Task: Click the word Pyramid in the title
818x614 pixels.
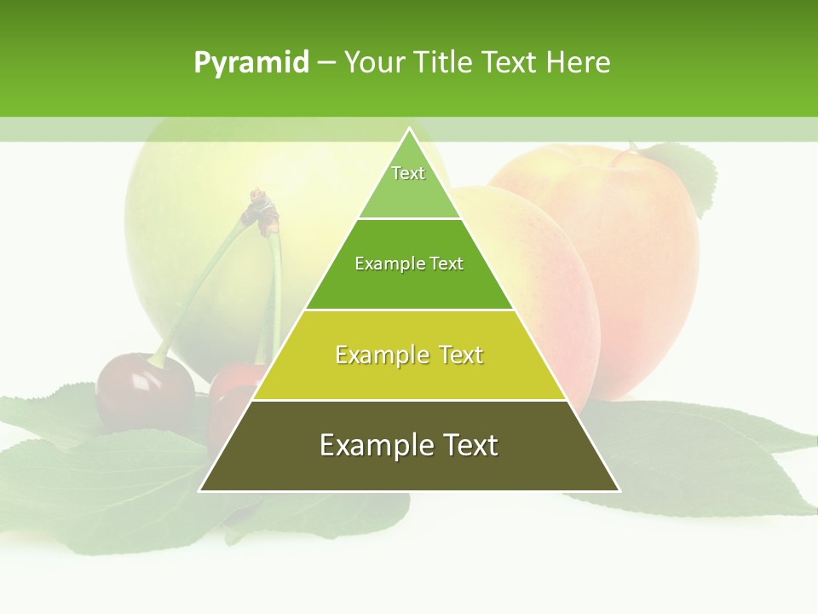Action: (251, 63)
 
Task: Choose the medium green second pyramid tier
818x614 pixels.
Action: (409, 286)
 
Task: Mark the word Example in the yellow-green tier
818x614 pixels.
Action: (379, 355)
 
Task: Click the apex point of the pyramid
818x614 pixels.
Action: (409, 129)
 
